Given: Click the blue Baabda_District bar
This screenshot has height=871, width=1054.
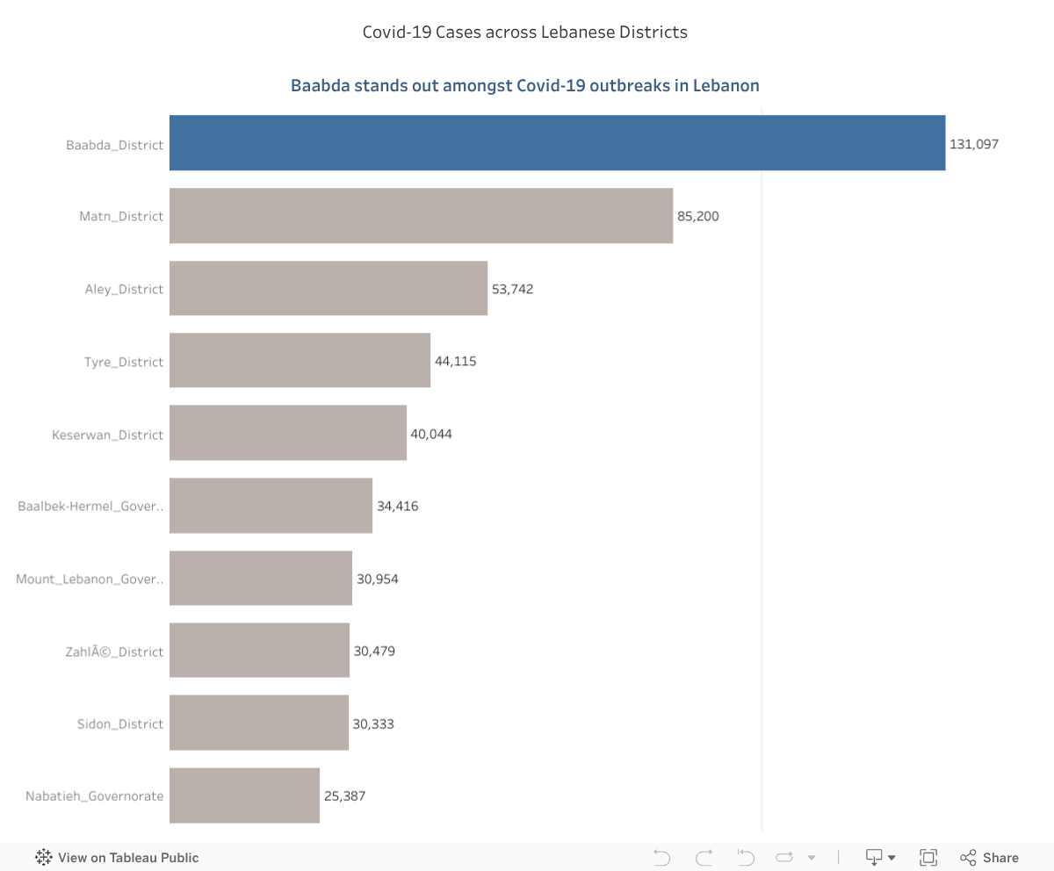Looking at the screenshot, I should (557, 142).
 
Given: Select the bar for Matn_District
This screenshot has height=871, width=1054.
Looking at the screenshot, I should (421, 215).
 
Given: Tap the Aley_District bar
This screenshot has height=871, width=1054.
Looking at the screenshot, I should (328, 288).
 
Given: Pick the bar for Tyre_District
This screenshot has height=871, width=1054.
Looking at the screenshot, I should (300, 360).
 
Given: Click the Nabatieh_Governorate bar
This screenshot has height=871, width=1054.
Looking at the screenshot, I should (244, 795).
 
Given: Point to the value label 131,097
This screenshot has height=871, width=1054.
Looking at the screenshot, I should (974, 143).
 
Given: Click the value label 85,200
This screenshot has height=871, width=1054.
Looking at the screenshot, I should (697, 216).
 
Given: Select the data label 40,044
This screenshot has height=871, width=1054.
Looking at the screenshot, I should (430, 434).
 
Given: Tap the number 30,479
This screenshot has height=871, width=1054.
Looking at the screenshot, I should (374, 651).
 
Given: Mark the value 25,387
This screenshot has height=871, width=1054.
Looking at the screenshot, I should (344, 796).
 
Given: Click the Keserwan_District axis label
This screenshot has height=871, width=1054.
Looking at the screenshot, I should (108, 435).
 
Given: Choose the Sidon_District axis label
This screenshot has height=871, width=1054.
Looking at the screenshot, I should (120, 724).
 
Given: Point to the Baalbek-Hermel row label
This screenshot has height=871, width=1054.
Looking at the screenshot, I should (90, 507).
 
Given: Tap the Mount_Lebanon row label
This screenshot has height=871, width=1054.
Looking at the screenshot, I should (90, 579).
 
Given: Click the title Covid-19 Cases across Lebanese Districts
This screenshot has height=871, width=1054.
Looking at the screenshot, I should (525, 32).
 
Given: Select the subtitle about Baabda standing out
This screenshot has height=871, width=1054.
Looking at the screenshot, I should (525, 86).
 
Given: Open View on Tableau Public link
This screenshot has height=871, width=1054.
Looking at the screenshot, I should (117, 858).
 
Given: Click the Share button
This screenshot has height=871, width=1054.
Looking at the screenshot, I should (990, 858).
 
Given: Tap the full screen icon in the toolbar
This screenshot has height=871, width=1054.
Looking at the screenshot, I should (928, 858).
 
